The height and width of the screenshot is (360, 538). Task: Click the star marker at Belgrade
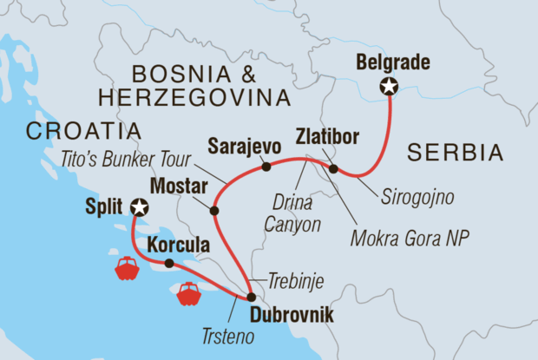389,86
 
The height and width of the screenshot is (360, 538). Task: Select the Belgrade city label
390,62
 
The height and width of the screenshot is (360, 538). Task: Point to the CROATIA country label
83,131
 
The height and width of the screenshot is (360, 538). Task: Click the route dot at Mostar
213,209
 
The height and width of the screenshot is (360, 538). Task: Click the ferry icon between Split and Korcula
127,267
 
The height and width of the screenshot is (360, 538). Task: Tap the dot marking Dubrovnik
252,297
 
